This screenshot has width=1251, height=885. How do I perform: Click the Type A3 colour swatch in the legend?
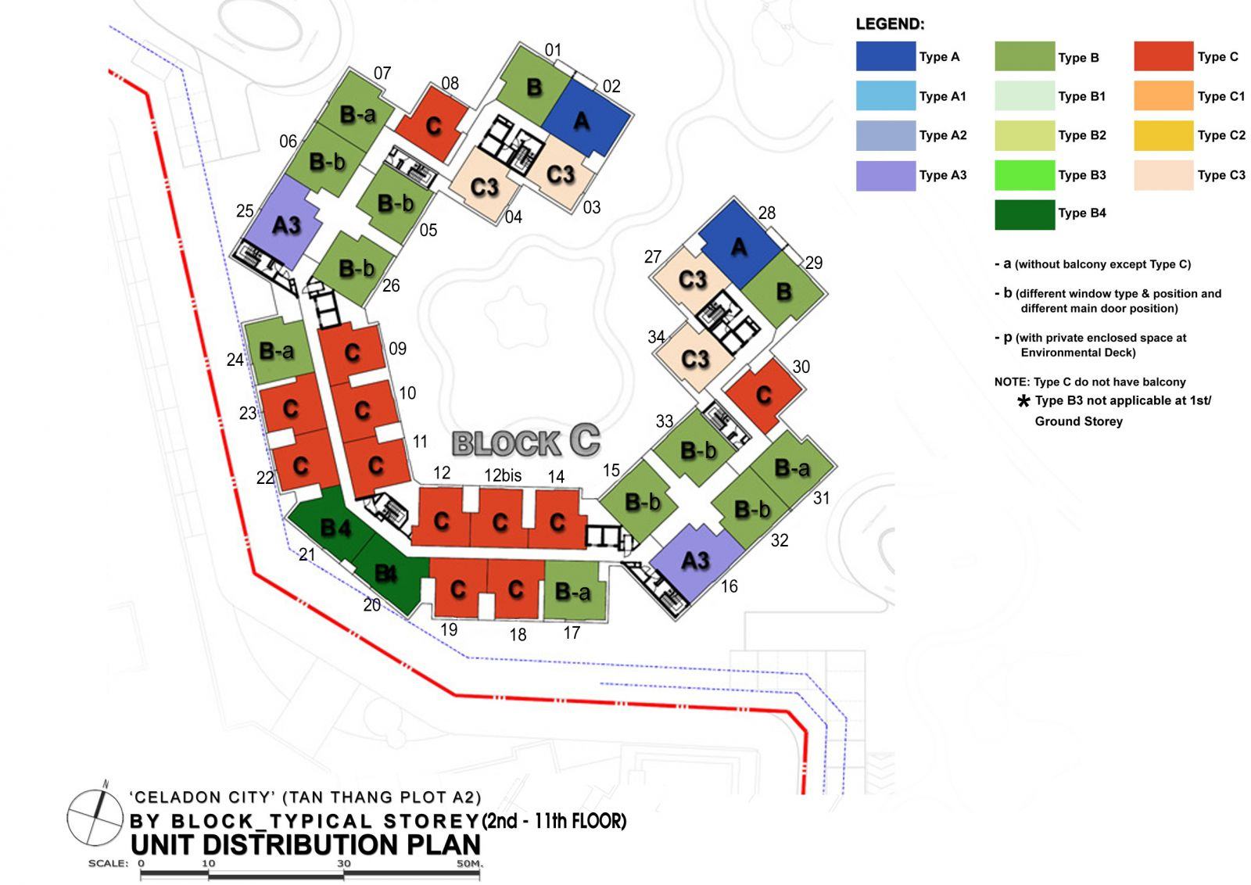(886, 176)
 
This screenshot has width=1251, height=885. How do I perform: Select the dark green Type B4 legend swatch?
(1025, 214)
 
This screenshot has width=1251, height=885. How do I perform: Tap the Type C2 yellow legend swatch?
(1163, 136)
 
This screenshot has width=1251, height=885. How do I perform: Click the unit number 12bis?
(503, 475)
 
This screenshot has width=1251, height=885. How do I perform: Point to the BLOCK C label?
(526, 442)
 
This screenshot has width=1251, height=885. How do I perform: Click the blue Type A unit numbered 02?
(586, 118)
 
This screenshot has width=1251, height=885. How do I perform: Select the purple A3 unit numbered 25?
(285, 224)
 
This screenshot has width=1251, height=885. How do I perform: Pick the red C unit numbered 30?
(764, 395)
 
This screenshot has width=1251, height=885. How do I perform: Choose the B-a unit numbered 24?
(278, 351)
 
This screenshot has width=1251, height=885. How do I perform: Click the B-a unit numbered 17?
(574, 590)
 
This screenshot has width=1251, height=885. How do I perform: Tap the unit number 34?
(656, 337)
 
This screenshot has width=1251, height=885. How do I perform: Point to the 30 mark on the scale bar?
(343, 863)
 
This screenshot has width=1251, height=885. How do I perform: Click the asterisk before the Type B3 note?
(1023, 401)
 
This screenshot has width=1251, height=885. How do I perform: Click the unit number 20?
(372, 604)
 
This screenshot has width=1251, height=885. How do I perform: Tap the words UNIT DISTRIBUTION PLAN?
(306, 844)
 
